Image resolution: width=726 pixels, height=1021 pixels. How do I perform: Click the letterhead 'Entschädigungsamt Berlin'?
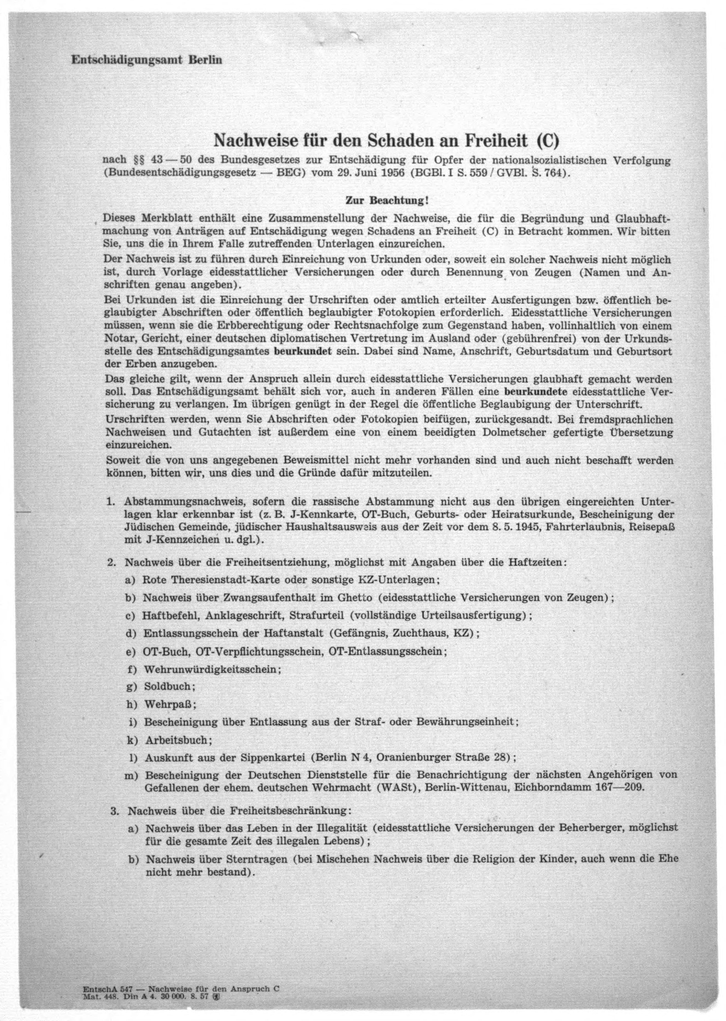(x=147, y=60)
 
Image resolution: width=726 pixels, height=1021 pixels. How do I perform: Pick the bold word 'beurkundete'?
(x=536, y=392)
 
